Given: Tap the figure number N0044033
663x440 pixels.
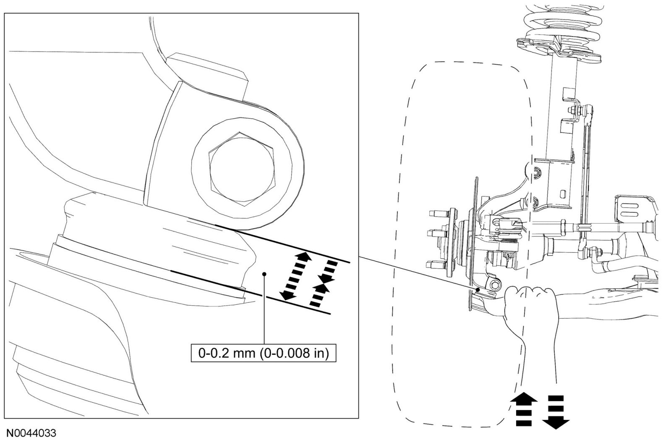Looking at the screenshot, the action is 30,433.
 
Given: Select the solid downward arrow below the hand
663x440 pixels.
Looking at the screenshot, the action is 556,411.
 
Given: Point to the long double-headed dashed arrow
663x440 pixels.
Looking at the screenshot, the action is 296,276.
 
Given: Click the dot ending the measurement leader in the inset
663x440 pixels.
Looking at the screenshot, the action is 264,274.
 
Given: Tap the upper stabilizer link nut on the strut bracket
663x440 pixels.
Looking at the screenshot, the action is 574,111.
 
